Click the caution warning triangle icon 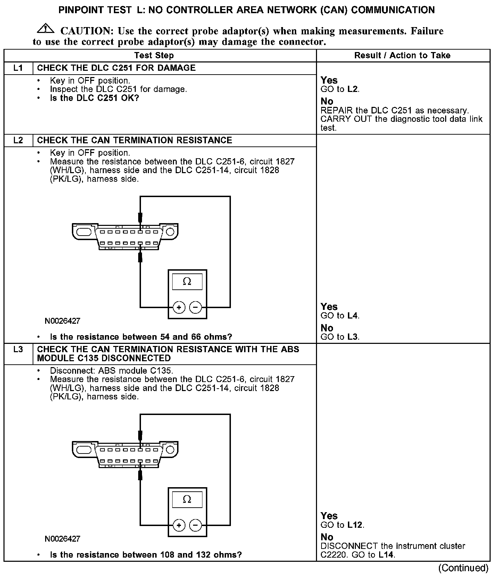pyautogui.click(x=45, y=29)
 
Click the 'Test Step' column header pyautogui.click(x=154, y=56)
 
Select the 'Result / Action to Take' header pyautogui.click(x=402, y=56)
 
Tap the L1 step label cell pyautogui.click(x=18, y=68)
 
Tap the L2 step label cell pyautogui.click(x=18, y=140)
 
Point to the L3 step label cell pyautogui.click(x=18, y=349)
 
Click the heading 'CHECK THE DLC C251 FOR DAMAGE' pyautogui.click(x=116, y=68)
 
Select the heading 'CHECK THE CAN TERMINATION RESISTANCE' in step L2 pyautogui.click(x=134, y=140)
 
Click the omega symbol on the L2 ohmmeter pyautogui.click(x=187, y=281)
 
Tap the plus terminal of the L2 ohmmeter pyautogui.click(x=179, y=307)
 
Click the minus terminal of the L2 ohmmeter pyautogui.click(x=195, y=307)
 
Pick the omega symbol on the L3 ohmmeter pyautogui.click(x=187, y=499)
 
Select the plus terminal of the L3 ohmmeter pyautogui.click(x=179, y=525)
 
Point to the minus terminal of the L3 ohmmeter pyautogui.click(x=195, y=525)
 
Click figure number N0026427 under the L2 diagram pyautogui.click(x=62, y=321)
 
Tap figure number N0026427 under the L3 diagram pyautogui.click(x=62, y=539)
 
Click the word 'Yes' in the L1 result pyautogui.click(x=329, y=81)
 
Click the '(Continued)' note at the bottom pyautogui.click(x=463, y=568)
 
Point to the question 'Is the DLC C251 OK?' pyautogui.click(x=94, y=98)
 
